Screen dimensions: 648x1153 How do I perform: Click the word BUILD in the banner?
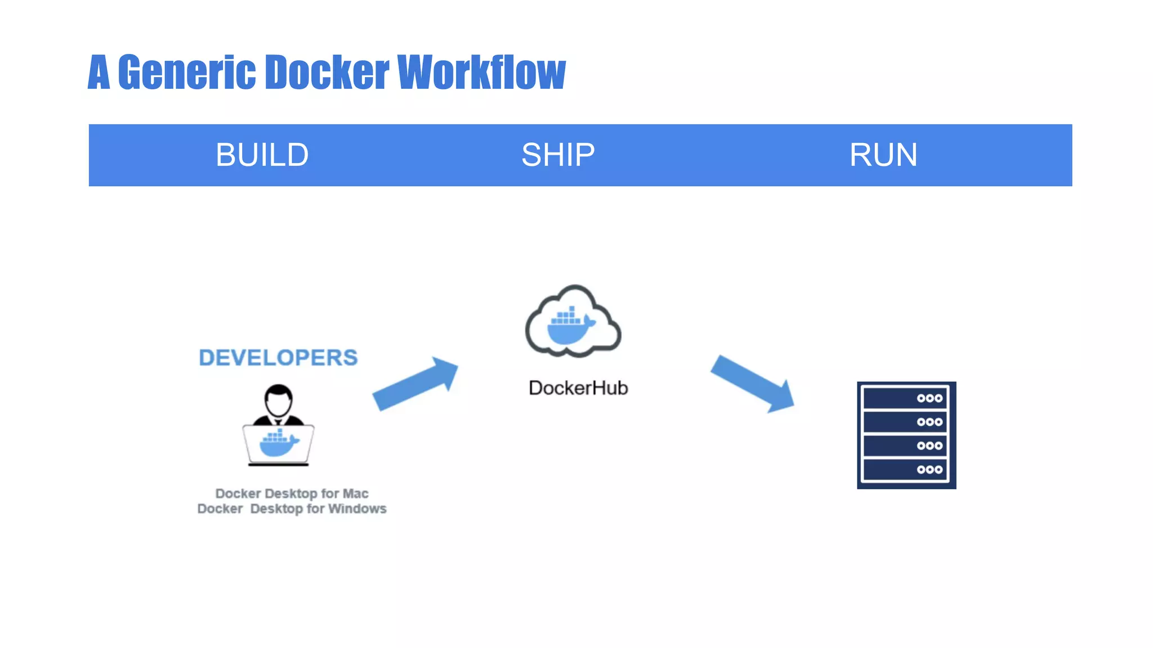click(262, 155)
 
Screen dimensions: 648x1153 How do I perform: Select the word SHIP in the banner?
click(558, 155)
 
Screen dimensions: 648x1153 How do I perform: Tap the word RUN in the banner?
click(883, 155)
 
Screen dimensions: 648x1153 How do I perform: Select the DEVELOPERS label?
click(278, 358)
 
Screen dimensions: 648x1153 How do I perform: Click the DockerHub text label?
click(578, 388)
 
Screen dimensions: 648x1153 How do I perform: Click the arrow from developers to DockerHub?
click(415, 384)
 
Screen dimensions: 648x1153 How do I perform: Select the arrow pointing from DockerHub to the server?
click(753, 383)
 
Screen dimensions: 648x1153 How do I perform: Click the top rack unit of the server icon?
click(905, 398)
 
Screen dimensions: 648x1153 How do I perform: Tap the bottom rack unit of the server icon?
click(905, 469)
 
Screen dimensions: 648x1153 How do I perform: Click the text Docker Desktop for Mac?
click(292, 493)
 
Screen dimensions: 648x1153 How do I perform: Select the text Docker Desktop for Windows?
click(292, 508)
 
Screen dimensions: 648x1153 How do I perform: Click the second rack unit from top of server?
click(905, 422)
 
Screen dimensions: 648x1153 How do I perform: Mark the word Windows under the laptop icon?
click(357, 508)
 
